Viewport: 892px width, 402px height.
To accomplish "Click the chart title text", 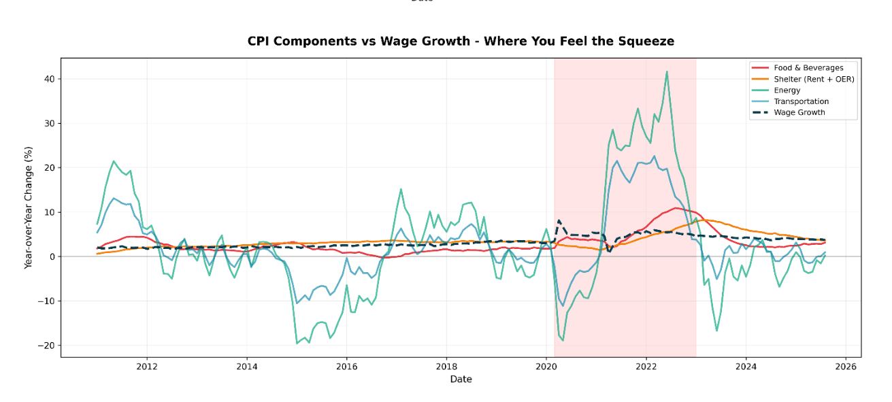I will tap(461, 41).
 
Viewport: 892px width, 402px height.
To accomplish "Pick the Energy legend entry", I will tap(787, 90).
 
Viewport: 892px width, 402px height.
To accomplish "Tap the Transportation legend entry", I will tap(801, 101).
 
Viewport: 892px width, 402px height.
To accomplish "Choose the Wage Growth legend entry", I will tap(799, 112).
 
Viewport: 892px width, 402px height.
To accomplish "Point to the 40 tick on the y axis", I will tap(48, 79).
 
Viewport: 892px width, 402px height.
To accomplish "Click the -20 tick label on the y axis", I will tap(46, 346).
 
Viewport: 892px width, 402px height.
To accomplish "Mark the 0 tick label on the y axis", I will tap(51, 256).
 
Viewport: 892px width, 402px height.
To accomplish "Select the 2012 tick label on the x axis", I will tap(147, 367).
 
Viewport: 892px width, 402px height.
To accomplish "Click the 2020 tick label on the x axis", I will tap(546, 367).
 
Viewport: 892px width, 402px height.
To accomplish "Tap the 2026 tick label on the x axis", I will tap(845, 367).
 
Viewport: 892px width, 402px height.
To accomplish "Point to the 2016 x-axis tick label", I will tap(346, 367).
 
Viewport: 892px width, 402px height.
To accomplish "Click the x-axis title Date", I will tap(461, 379).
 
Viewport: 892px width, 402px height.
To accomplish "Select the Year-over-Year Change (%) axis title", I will tap(29, 207).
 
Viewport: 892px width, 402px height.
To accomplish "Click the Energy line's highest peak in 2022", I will tap(667, 71).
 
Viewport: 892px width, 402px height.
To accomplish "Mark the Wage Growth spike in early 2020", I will tap(559, 220).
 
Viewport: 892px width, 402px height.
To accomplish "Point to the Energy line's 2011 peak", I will tap(114, 161).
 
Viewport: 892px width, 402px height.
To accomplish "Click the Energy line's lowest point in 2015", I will tap(297, 343).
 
